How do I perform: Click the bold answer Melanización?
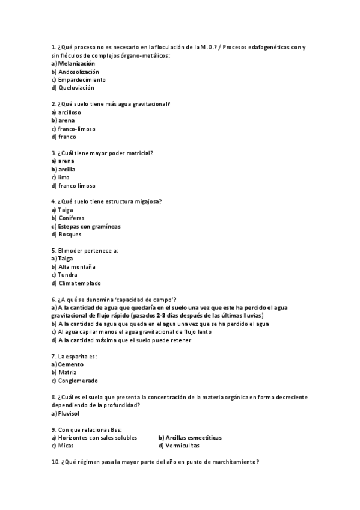[76, 63]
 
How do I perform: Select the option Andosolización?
[79, 72]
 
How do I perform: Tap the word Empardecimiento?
[82, 79]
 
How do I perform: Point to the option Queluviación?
[76, 88]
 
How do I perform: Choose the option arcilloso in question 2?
[70, 112]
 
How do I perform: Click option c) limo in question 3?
[64, 177]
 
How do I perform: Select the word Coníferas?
[72, 218]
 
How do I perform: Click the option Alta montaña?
[77, 267]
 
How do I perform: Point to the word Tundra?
[68, 275]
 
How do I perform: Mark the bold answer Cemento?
[71, 364]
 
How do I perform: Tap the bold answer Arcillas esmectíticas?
[193, 438]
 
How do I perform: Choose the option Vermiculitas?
[182, 446]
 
